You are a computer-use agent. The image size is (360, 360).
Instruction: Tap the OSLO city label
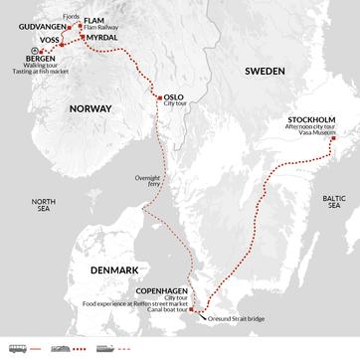[x=173, y=96]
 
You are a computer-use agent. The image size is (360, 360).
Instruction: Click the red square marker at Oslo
[x=157, y=96]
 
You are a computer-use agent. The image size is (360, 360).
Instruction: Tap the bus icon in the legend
[x=16, y=348]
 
